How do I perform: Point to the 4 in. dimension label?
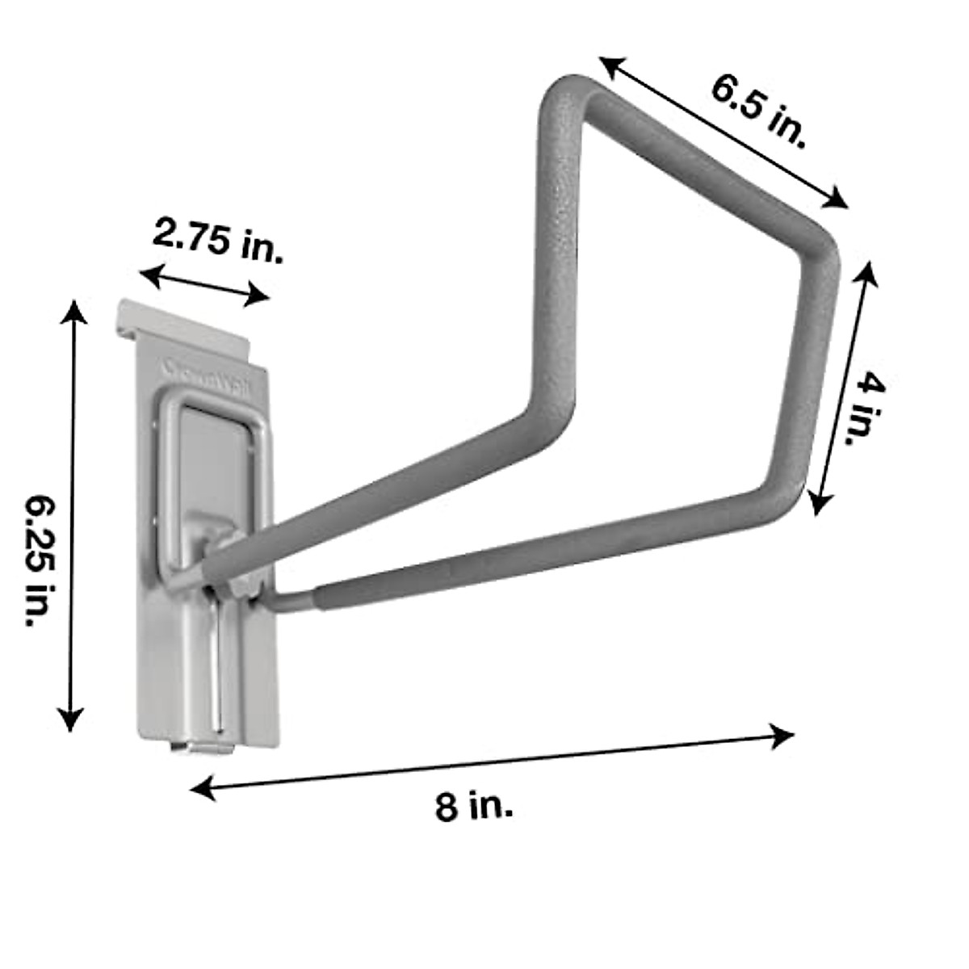click(x=869, y=407)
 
